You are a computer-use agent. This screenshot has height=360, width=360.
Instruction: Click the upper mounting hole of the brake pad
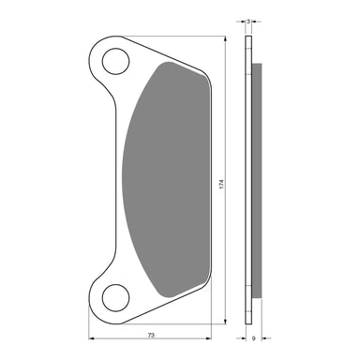point(115,61)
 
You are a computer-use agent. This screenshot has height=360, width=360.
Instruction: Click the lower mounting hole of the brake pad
point(115,298)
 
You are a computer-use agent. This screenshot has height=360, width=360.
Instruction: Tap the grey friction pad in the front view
point(166,179)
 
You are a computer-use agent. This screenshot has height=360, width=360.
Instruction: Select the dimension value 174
point(221,184)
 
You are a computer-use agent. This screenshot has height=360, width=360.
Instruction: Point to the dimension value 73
point(151,335)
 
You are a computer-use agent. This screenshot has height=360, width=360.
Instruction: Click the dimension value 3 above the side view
point(248,22)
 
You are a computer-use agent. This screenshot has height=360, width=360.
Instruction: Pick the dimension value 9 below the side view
point(254,338)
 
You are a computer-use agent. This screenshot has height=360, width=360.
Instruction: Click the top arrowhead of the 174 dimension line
point(225,38)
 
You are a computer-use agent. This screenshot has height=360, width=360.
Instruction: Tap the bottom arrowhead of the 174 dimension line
point(225,322)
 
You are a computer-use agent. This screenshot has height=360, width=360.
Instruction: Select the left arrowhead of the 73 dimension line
point(92,338)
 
